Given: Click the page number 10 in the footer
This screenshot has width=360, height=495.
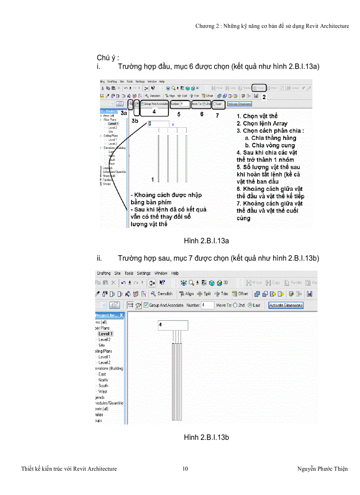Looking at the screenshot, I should coord(185,469).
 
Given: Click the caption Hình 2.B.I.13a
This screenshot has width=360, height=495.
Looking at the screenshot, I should coord(206,241).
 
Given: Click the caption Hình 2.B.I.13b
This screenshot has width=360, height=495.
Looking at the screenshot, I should coord(206,437).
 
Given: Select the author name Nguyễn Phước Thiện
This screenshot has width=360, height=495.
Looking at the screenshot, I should coord(322,469).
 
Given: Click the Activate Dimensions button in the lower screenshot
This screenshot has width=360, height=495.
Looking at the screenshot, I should coord(286,305).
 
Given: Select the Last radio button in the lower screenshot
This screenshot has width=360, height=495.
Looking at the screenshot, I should coord(250,305).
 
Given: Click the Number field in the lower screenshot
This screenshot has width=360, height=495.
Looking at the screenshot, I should coord(207,305).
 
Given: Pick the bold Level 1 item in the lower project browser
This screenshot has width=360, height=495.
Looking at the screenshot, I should coord(105,334).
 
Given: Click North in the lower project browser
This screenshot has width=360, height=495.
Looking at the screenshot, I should coord(103,380).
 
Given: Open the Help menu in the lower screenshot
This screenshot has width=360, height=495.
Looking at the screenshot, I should coord(175,273).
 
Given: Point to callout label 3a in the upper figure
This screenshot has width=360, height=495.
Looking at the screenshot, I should coord(124,113).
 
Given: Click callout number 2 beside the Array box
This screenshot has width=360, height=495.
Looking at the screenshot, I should coord(264,96).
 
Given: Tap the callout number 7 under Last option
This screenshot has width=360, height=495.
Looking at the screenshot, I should coord(217,115).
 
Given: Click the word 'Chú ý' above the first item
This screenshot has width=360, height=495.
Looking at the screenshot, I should coord(108,58).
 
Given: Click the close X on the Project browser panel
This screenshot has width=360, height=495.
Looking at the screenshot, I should coord(122,316).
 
